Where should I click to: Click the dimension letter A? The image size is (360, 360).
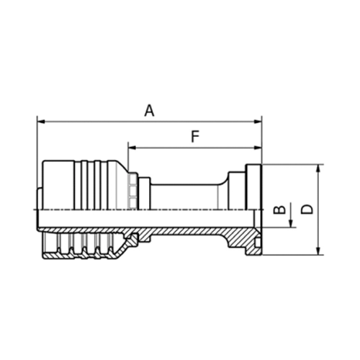(x=149, y=110)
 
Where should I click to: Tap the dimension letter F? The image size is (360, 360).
(x=194, y=136)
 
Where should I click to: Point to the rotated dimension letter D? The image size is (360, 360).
(x=307, y=210)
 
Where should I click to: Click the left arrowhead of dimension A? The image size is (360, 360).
(x=40, y=122)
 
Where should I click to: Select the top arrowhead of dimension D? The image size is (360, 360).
(x=318, y=168)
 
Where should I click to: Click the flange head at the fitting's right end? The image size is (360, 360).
(x=254, y=187)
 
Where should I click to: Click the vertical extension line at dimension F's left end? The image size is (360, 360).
(x=128, y=158)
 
